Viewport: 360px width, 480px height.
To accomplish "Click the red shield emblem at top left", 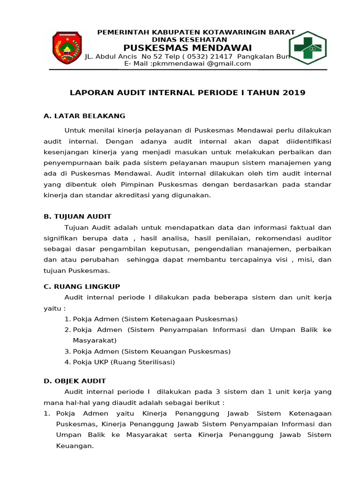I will (x=66, y=48).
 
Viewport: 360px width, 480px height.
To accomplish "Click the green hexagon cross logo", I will (x=307, y=47).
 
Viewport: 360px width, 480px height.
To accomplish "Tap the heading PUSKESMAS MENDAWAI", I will (x=187, y=48).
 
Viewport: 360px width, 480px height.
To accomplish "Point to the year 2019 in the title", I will (x=294, y=93).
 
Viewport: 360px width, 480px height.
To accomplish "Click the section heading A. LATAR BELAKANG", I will (x=84, y=116).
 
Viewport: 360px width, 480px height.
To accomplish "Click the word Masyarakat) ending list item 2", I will (x=95, y=340).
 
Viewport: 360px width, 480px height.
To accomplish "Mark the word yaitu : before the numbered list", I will (x=55, y=308).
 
